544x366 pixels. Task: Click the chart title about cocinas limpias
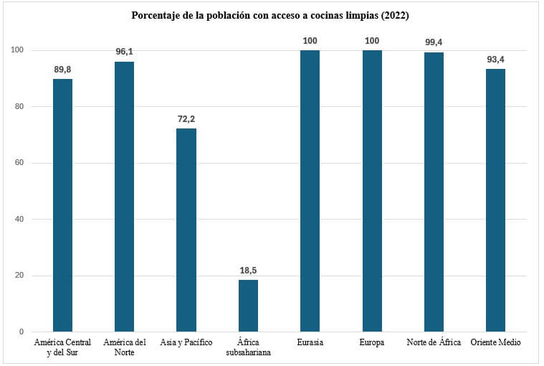270,15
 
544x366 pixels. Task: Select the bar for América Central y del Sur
63,205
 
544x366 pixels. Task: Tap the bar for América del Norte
125,197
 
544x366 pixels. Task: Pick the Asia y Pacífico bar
186,230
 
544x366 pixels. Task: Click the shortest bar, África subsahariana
248,306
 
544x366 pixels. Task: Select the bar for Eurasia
310,191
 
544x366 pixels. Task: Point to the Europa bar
371,191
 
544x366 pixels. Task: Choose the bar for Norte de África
434,192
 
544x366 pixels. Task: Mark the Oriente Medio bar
495,200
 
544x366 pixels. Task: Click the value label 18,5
248,271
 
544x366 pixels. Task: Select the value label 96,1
125,52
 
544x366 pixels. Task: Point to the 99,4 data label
434,42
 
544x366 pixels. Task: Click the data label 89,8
63,70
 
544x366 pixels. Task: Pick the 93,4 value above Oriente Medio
495,60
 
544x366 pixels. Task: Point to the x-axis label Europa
371,343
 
